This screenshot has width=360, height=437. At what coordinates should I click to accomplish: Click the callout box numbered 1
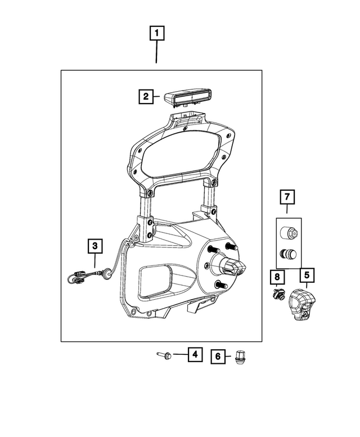pyautogui.click(x=156, y=33)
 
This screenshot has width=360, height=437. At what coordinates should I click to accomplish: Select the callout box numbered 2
pyautogui.click(x=146, y=97)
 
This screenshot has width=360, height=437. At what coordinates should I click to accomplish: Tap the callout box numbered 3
pyautogui.click(x=94, y=245)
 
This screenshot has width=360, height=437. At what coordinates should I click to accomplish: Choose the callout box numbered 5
pyautogui.click(x=307, y=276)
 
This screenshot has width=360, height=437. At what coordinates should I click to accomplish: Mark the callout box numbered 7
pyautogui.click(x=287, y=197)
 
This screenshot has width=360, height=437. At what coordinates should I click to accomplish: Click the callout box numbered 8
pyautogui.click(x=277, y=277)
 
